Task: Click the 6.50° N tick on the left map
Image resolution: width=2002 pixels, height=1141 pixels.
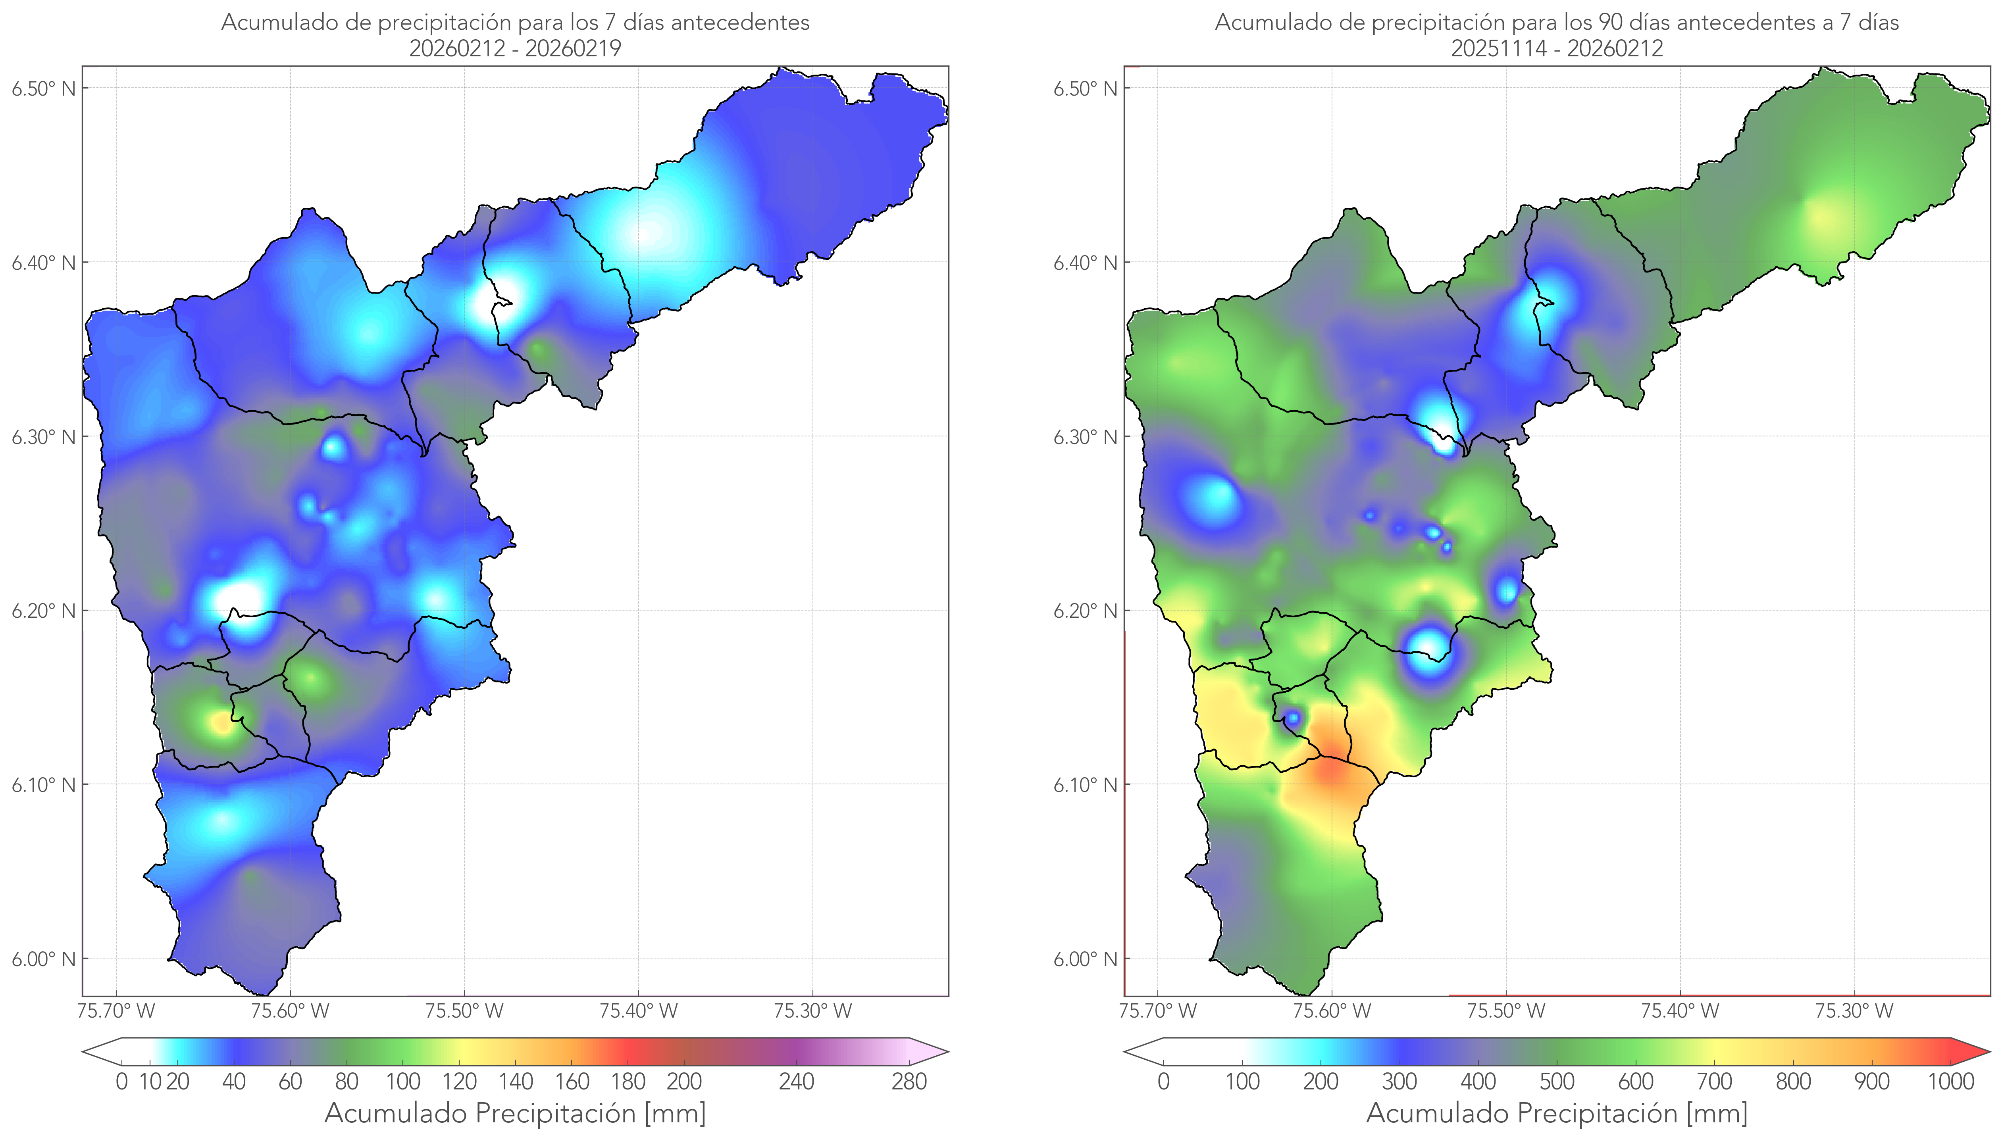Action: tap(43, 88)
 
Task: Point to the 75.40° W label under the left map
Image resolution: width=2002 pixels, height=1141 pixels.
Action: tap(638, 1011)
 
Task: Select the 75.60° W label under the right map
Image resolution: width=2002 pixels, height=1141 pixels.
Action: tap(1332, 1011)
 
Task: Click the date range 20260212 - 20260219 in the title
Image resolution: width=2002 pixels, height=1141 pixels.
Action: tap(515, 48)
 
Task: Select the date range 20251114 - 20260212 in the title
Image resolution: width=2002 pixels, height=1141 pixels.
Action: tap(1557, 48)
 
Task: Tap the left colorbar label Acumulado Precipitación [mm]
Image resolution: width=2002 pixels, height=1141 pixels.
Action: tap(515, 1113)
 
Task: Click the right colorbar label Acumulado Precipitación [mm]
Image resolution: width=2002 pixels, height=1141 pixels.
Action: tap(1557, 1113)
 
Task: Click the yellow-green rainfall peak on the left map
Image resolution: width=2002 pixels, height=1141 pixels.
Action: tap(222, 722)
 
